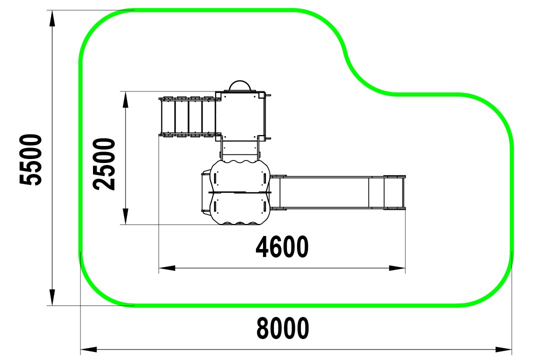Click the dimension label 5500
[31, 160]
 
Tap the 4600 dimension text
[282, 247]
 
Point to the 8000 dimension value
[282, 328]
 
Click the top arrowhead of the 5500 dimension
[52, 18]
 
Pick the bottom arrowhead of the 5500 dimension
[52, 297]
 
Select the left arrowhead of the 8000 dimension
[89, 349]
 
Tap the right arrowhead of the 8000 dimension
[503, 349]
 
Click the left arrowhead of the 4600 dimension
[167, 268]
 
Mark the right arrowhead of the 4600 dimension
[396, 268]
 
